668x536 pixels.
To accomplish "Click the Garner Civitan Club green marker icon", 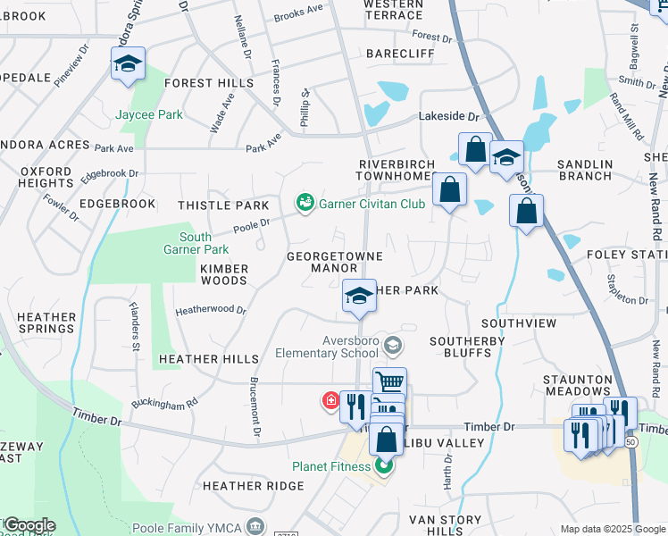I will (305, 203).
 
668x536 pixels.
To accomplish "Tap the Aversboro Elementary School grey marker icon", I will (391, 345).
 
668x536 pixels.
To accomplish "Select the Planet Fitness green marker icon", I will (384, 465).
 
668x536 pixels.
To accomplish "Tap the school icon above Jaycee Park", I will (128, 64).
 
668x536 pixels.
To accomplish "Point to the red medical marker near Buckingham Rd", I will (330, 401).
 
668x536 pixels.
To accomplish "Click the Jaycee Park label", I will (149, 115).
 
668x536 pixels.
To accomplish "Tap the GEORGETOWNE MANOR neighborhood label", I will (334, 262).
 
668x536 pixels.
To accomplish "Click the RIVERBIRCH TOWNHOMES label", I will (396, 171).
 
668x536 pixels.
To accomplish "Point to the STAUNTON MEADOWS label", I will (577, 385).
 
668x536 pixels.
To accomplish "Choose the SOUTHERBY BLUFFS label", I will (467, 347).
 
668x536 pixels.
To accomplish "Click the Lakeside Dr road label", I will (449, 117).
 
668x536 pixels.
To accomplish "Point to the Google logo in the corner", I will (29, 525).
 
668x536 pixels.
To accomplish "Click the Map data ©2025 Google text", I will (613, 529).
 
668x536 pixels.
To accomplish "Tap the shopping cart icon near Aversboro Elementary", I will (389, 381).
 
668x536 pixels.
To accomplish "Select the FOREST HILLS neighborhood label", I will (207, 83).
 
